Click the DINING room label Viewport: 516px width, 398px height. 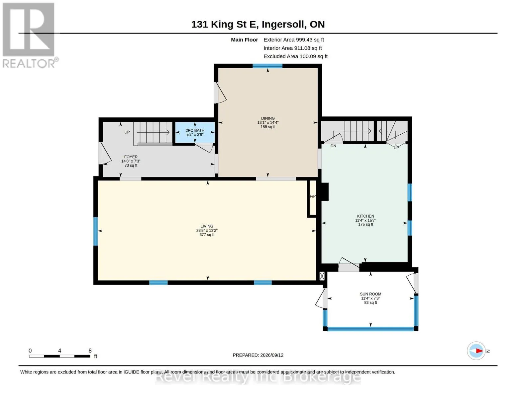[x=268, y=118]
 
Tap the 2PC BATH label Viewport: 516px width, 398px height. [x=195, y=130]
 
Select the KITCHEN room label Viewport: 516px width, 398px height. [x=366, y=216]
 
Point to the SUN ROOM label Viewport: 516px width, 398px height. [x=370, y=294]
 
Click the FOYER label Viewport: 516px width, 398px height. [x=131, y=157]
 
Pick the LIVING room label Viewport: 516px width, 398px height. [x=207, y=227]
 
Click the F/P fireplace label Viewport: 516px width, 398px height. [x=313, y=196]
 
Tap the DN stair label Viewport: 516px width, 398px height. [x=333, y=146]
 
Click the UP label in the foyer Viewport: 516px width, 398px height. [x=127, y=132]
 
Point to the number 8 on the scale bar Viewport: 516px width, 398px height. [x=90, y=351]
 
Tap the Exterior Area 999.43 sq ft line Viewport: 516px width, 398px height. [x=294, y=40]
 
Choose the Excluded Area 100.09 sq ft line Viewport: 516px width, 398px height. [x=296, y=56]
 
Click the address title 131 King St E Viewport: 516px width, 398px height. [x=225, y=25]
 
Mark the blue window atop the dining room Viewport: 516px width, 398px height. [x=267, y=66]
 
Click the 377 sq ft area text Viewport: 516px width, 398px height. [x=207, y=235]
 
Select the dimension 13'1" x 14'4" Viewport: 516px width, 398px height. [x=268, y=123]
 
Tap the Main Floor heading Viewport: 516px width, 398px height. [x=244, y=40]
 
